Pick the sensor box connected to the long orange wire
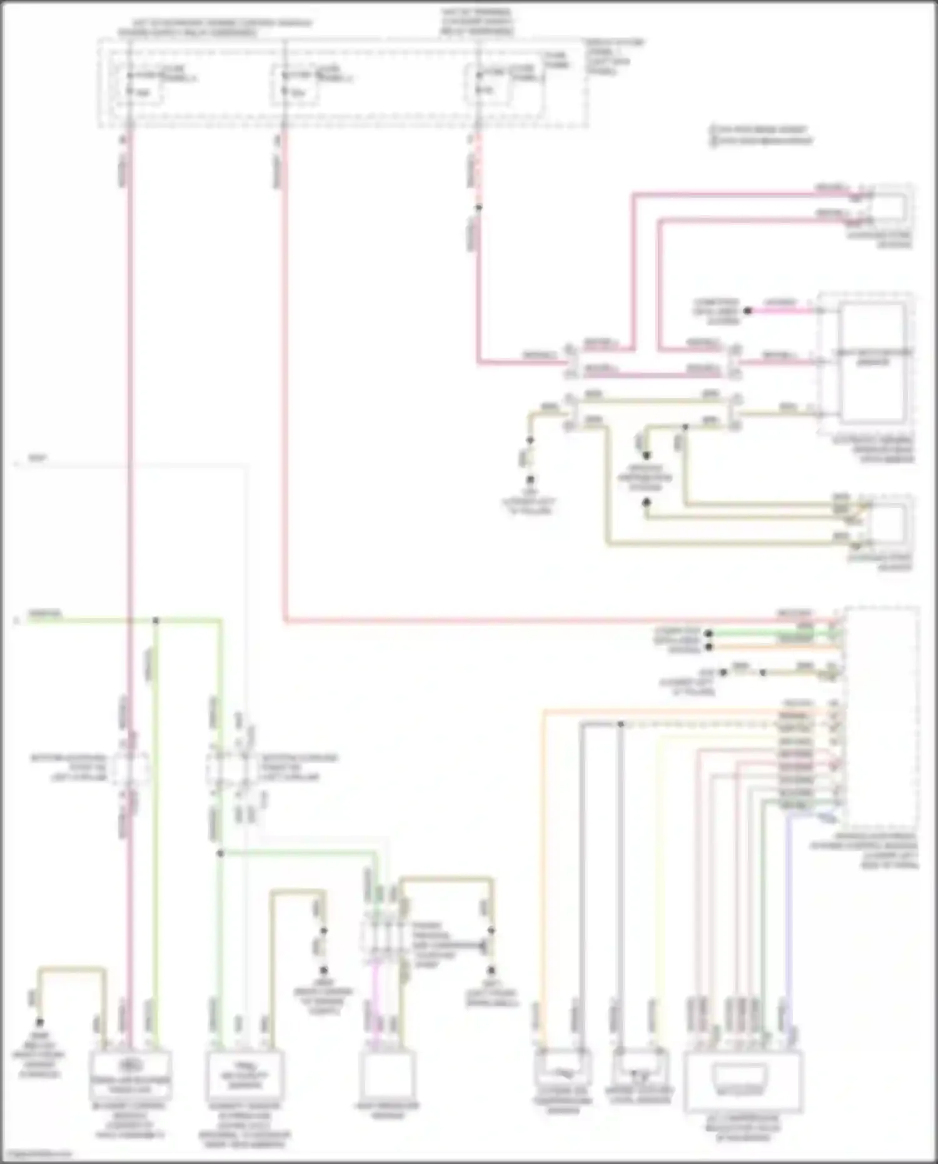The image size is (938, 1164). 563,1072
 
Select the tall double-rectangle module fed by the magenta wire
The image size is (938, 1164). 872,363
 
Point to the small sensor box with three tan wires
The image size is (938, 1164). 890,522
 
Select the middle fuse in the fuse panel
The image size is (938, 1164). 294,84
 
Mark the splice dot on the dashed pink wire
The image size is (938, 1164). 479,207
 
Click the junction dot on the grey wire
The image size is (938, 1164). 620,724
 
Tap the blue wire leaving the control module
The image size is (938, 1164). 787,907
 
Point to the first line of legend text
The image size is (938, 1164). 760,130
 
